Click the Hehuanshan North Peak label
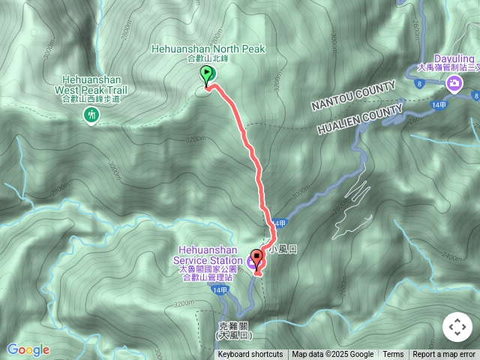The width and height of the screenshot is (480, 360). pyautogui.click(x=208, y=49)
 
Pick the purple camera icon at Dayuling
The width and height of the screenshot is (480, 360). pyautogui.click(x=453, y=83)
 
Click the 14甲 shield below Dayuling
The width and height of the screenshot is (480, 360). pyautogui.click(x=439, y=105)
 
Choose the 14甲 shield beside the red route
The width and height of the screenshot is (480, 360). pyautogui.click(x=279, y=224)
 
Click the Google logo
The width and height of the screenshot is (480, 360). pyautogui.click(x=28, y=349)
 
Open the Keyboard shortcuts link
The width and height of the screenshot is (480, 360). pyautogui.click(x=250, y=355)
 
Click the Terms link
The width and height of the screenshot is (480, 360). pyautogui.click(x=393, y=355)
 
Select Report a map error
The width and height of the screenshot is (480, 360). pyautogui.click(x=445, y=355)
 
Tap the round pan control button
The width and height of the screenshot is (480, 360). pyautogui.click(x=457, y=327)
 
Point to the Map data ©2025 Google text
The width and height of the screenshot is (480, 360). pyautogui.click(x=333, y=355)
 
